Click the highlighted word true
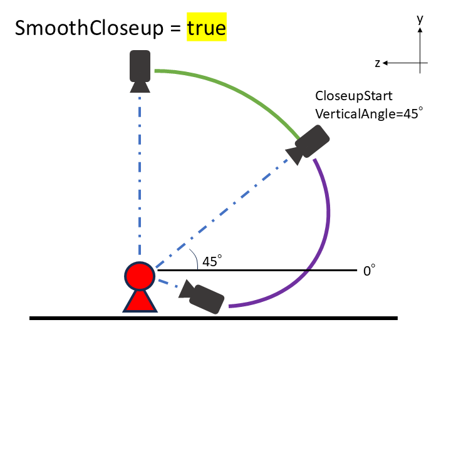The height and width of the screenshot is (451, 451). coord(207,28)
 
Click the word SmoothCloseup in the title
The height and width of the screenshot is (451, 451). coord(89,28)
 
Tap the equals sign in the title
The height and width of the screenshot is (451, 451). coord(175,29)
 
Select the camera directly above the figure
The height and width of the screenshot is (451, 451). coord(140,71)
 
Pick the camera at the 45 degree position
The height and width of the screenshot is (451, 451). coord(308,145)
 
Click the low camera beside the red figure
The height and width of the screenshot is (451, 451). coord(201,297)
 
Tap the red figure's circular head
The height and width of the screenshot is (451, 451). coord(140,276)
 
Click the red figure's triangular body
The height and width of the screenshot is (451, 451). coord(140,302)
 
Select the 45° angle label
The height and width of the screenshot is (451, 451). coord(212,261)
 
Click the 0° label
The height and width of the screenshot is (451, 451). coord(369,271)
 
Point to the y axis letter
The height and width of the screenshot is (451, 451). coord(420,19)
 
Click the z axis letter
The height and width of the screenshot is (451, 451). coord(377,63)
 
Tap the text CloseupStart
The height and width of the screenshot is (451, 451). coord(354,96)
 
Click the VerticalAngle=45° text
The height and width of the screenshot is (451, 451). coord(369,113)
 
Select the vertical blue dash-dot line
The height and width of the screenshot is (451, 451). coord(140,176)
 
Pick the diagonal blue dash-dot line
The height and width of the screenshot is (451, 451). coord(222,214)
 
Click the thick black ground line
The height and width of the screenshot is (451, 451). coord(214,318)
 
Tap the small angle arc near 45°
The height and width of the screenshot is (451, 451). coord(195,257)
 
